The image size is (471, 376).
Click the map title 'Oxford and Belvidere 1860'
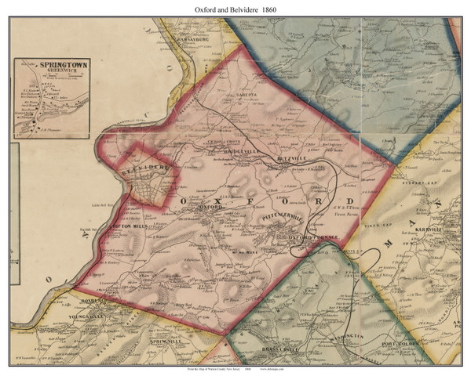pos(235,8)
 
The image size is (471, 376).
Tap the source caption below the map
pos(235,369)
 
